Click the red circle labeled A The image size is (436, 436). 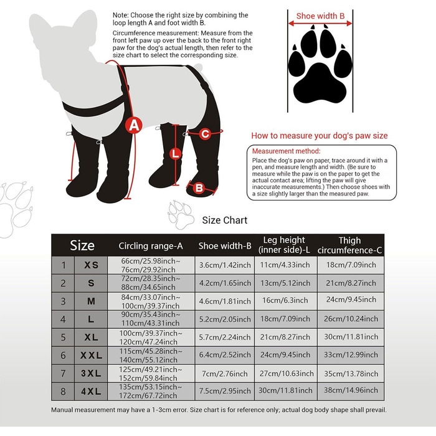coord(134,126)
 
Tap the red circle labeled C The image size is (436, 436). coord(205,134)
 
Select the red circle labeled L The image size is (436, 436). coord(175,154)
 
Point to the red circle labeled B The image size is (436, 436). coord(199,188)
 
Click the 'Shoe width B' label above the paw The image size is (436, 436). coord(320,16)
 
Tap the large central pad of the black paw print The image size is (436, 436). coord(320,83)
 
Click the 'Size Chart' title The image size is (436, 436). coord(225,220)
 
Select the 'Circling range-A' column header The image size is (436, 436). coord(151,246)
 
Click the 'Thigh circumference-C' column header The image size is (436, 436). coord(350,245)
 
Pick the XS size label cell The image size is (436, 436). coord(91,265)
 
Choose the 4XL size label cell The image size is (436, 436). coord(91,391)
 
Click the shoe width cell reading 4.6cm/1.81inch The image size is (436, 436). coord(225,301)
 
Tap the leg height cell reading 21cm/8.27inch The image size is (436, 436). coord(285,337)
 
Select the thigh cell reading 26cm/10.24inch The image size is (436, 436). coord(351,319)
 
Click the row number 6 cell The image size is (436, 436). coord(63,355)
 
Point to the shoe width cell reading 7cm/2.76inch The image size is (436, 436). coord(225,374)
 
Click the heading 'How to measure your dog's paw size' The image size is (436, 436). coord(320,136)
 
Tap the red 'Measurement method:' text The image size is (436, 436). coord(286,151)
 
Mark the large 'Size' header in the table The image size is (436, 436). coord(82,245)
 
